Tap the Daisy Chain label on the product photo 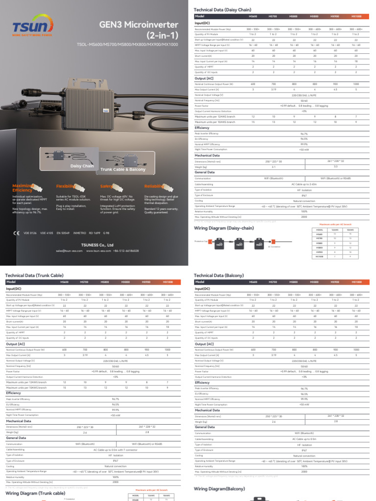82,166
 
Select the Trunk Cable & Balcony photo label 123,169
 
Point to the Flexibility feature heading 66,186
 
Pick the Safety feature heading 107,186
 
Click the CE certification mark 17,233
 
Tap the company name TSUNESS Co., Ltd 98,245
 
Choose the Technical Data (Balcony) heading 219,275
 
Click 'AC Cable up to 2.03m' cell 304,184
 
